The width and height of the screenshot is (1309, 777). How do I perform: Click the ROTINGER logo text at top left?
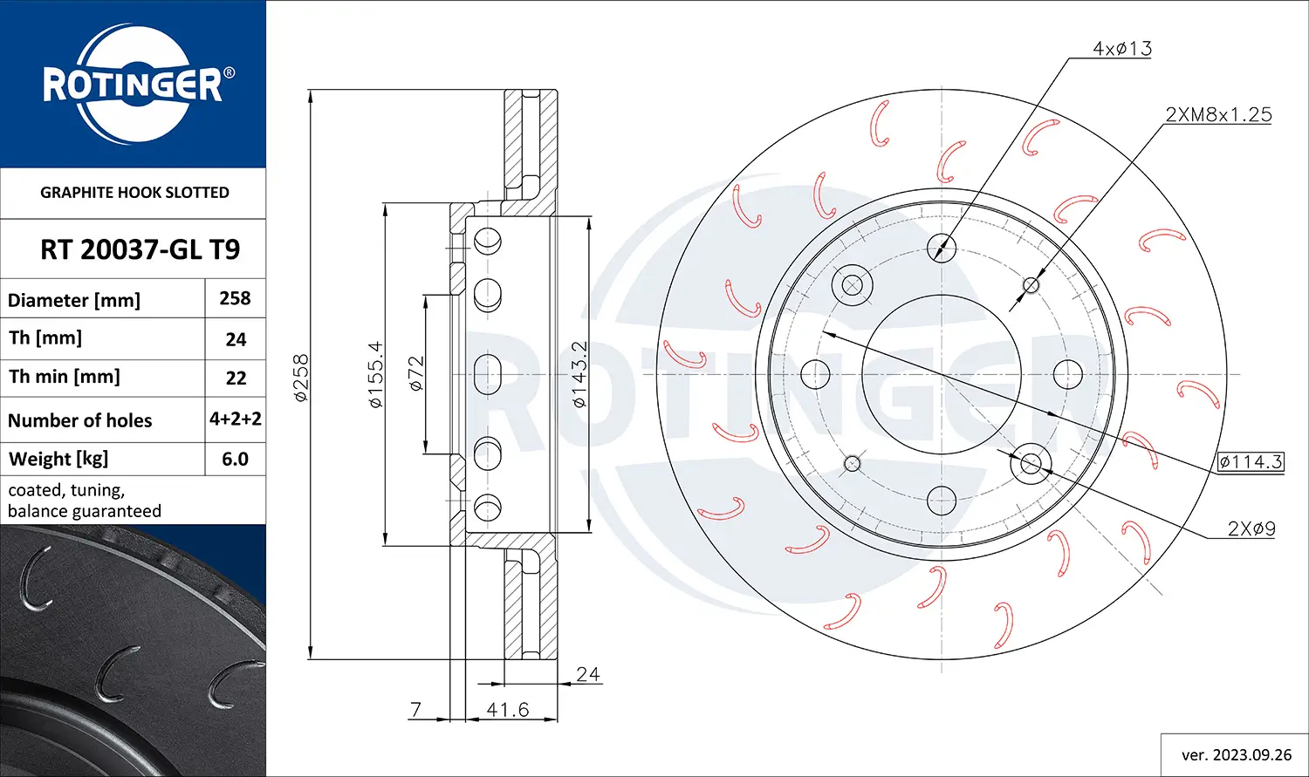pyautogui.click(x=133, y=85)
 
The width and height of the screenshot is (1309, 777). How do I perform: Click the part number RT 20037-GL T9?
pyautogui.click(x=140, y=249)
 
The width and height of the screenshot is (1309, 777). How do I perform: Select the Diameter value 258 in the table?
pyautogui.click(x=235, y=298)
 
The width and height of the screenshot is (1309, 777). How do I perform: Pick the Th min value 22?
pyautogui.click(x=236, y=378)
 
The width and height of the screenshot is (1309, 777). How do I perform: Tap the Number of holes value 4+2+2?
pyautogui.click(x=235, y=419)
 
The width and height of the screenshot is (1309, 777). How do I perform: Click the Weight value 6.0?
pyautogui.click(x=235, y=459)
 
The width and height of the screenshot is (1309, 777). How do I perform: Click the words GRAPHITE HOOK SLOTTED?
pyautogui.click(x=134, y=193)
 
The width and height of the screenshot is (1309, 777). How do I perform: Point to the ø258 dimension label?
pyautogui.click(x=301, y=377)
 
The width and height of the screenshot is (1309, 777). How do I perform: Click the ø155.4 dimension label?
pyautogui.click(x=375, y=374)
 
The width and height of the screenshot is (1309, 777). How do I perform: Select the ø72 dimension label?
pyautogui.click(x=416, y=373)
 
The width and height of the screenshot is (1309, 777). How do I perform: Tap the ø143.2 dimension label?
pyautogui.click(x=579, y=374)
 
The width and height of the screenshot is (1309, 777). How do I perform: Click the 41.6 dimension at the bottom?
pyautogui.click(x=507, y=710)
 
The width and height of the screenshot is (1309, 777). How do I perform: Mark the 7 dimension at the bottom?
pyautogui.click(x=416, y=710)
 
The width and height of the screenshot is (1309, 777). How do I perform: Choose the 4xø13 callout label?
pyautogui.click(x=1121, y=49)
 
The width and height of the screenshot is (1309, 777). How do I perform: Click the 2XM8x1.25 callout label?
pyautogui.click(x=1218, y=114)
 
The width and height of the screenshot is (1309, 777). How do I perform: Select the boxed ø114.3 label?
pyautogui.click(x=1251, y=462)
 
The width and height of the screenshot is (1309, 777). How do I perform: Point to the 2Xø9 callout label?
pyautogui.click(x=1251, y=528)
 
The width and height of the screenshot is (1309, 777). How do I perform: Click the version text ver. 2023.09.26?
pyautogui.click(x=1236, y=754)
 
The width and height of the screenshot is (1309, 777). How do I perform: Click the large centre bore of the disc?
pyautogui.click(x=942, y=375)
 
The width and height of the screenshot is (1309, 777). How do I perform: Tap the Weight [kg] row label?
pyautogui.click(x=58, y=459)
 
